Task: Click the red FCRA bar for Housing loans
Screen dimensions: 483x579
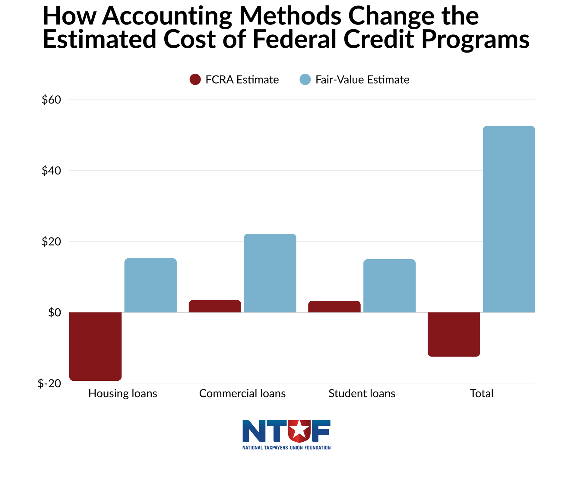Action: click(95, 346)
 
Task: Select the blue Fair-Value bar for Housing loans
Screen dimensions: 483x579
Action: click(150, 285)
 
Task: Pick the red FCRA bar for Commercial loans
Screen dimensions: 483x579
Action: click(215, 306)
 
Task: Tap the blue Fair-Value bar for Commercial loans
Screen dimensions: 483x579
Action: click(270, 273)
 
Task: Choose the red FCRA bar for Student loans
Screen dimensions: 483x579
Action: click(334, 306)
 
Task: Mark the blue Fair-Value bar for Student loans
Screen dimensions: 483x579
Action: click(389, 286)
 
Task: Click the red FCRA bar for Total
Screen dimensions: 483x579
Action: click(454, 334)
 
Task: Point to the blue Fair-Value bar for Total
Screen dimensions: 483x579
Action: click(509, 219)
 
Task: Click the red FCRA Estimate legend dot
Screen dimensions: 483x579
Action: click(195, 79)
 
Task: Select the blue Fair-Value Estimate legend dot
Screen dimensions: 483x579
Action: click(305, 79)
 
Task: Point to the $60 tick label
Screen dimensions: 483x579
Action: click(51, 100)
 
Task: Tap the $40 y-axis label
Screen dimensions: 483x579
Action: click(51, 171)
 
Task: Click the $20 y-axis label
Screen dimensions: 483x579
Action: click(51, 241)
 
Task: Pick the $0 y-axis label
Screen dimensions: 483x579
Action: click(55, 312)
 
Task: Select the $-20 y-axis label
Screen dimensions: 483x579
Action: click(49, 383)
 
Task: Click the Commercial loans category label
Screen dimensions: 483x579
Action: click(242, 393)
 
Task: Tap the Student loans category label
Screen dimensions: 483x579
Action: click(362, 393)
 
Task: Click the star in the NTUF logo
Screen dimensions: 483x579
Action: click(299, 430)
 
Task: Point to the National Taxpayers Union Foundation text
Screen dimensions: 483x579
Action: click(286, 448)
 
